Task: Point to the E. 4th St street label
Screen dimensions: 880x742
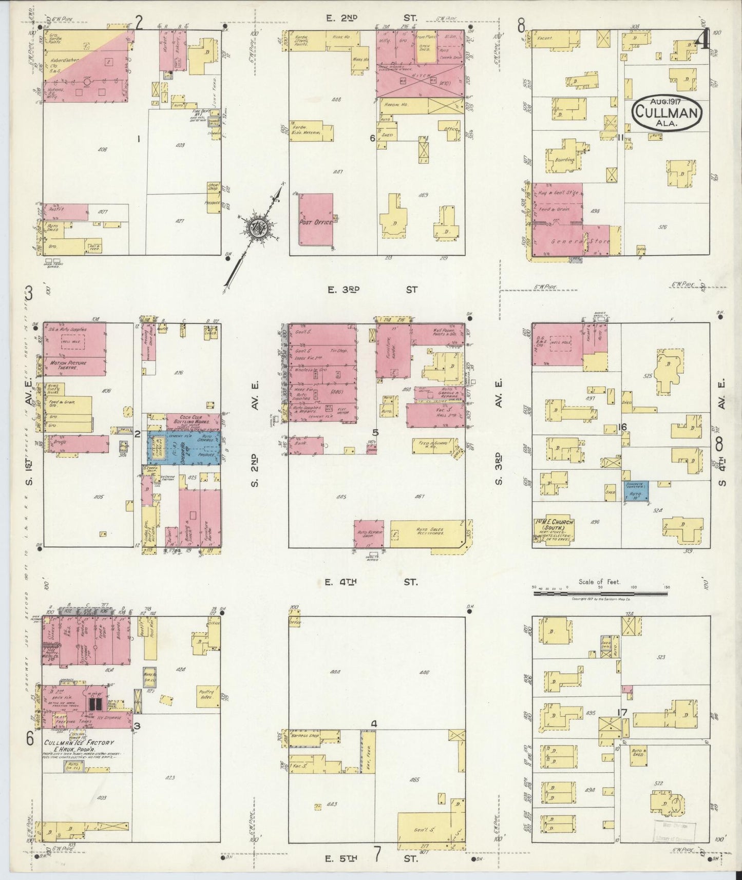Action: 372,582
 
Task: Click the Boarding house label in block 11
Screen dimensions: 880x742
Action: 564,160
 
